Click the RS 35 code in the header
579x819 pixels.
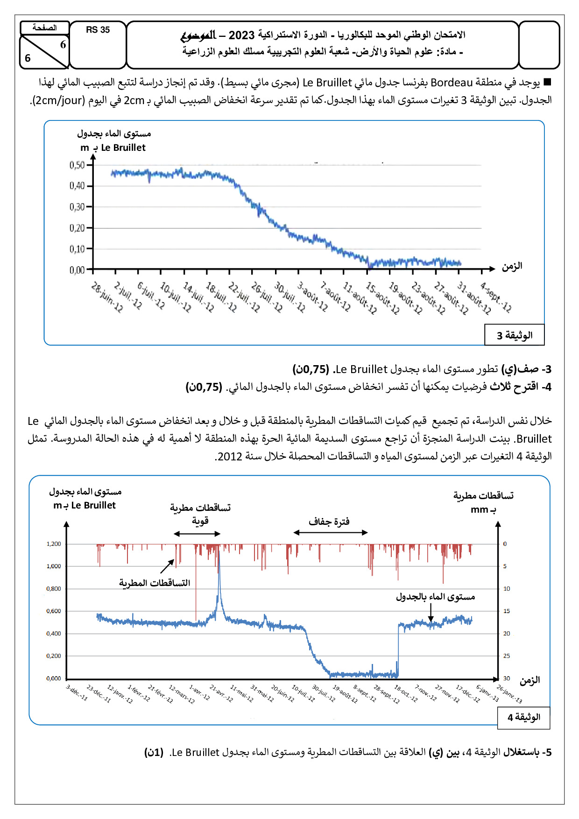click(98, 30)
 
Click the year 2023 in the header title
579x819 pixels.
click(241, 35)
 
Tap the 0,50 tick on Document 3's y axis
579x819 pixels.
click(78, 165)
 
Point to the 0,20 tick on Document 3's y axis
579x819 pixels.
click(78, 228)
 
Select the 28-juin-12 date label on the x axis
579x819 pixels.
click(107, 297)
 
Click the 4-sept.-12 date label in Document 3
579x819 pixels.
click(496, 297)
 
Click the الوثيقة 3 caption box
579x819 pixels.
click(514, 335)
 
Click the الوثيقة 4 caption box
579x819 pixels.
click(523, 717)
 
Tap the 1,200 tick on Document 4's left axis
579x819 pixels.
click(54, 544)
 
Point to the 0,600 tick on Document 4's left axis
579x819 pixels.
click(54, 611)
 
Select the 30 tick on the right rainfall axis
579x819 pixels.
click(507, 678)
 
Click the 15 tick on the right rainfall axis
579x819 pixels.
click(507, 611)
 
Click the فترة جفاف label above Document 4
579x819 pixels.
click(329, 522)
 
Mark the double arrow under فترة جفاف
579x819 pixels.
click(331, 532)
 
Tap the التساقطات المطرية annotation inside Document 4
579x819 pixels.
click(155, 583)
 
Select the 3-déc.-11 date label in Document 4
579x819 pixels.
click(77, 692)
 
